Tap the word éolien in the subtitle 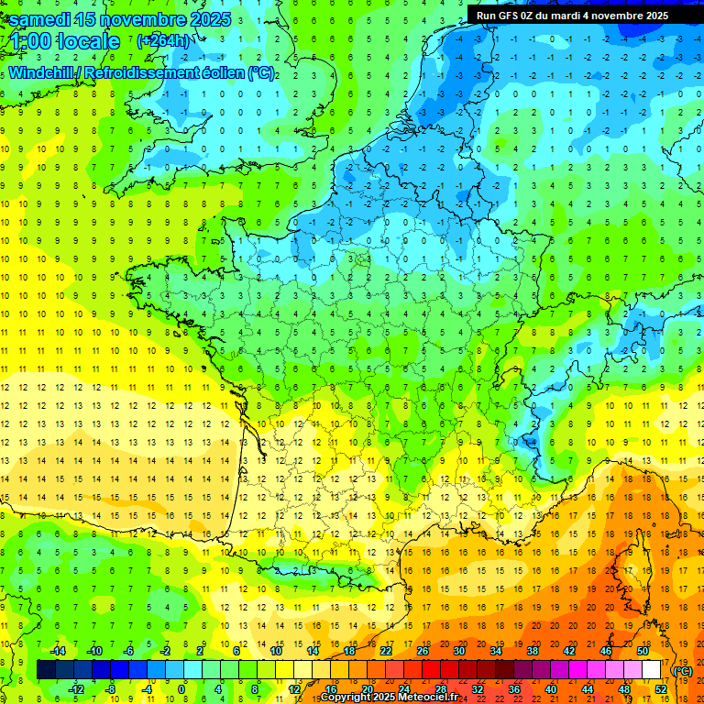click(221, 72)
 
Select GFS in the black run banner click(508, 16)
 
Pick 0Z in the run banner click(533, 16)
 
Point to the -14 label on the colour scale click(58, 651)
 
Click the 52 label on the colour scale click(661, 688)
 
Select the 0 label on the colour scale click(181, 688)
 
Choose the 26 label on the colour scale click(423, 651)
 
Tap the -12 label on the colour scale click(76, 688)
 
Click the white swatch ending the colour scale click(652, 669)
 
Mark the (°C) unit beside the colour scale click(683, 671)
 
